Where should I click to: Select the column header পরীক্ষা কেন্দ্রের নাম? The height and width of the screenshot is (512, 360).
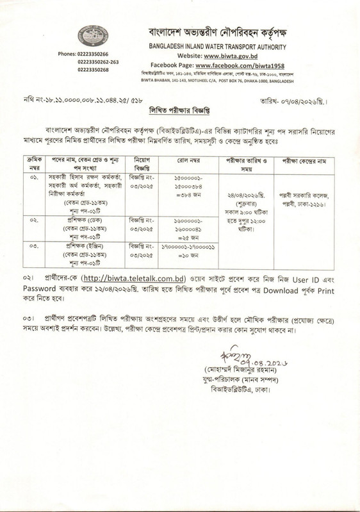click(x=303, y=160)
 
